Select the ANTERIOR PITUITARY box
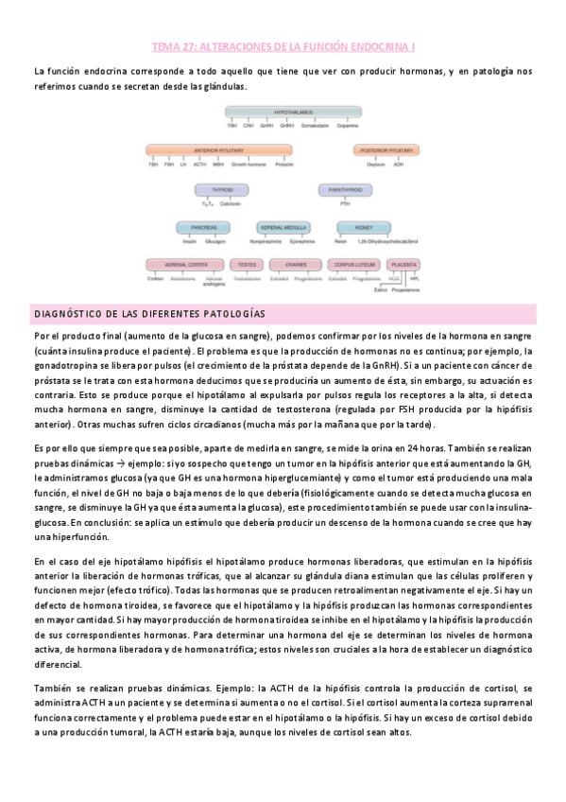click(x=219, y=149)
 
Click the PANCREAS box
click(x=203, y=227)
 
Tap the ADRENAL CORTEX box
click(x=187, y=265)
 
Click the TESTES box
click(x=247, y=265)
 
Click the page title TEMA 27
click(x=283, y=45)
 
